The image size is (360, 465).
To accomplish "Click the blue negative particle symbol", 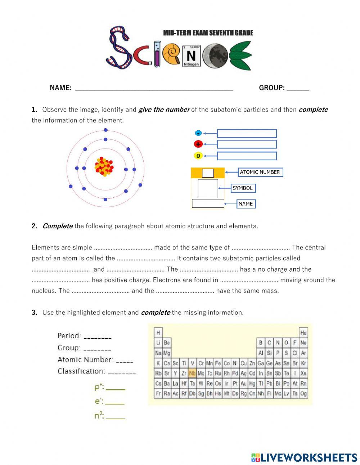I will tap(198, 133).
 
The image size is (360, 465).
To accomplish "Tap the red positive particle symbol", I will tap(198, 144).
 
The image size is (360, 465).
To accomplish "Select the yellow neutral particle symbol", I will tap(198, 156).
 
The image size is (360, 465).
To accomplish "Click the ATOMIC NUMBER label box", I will tap(260, 172).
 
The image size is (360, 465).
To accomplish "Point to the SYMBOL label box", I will tap(243, 188).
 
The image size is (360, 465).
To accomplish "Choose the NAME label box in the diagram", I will tap(246, 204).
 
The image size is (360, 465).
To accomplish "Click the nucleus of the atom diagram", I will tap(104, 167).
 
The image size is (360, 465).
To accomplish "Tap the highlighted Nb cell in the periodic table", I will tap(192, 373).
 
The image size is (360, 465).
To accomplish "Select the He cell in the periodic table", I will tap(303, 332).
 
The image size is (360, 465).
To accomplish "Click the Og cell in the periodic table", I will tap(303, 394).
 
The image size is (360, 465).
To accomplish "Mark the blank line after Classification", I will tap(122, 373).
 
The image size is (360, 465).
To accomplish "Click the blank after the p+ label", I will tap(115, 389).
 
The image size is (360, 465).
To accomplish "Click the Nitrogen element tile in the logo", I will tap(191, 56).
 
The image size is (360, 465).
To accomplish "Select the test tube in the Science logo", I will tap(157, 54).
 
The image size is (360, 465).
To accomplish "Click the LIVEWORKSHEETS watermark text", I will tap(309, 458).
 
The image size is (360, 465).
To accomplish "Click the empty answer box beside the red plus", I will tap(247, 144).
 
